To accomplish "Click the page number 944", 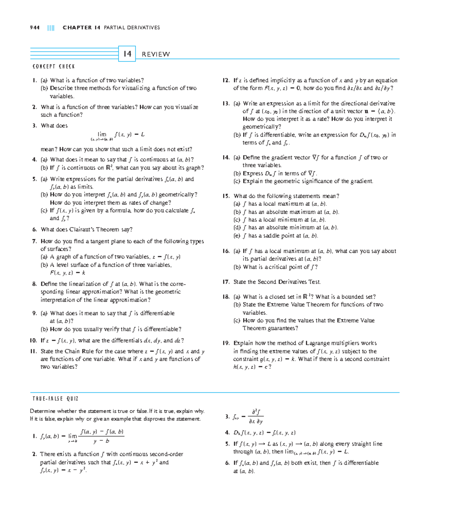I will (34, 28).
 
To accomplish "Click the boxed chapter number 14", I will (127, 54).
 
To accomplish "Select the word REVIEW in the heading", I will (156, 54).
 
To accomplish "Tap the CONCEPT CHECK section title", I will (54, 67).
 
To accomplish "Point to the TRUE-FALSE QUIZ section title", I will (55, 399).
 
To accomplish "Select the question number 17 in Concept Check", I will (226, 282).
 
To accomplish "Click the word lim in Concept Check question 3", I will (102, 134).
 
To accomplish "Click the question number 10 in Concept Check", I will (33, 341).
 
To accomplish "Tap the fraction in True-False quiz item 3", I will (256, 416).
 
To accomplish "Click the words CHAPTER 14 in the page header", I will (81, 28).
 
